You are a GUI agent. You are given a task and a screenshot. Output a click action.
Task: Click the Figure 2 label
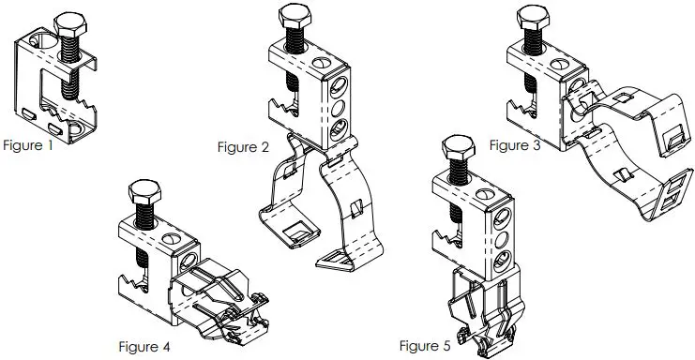pyautogui.click(x=243, y=146)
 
